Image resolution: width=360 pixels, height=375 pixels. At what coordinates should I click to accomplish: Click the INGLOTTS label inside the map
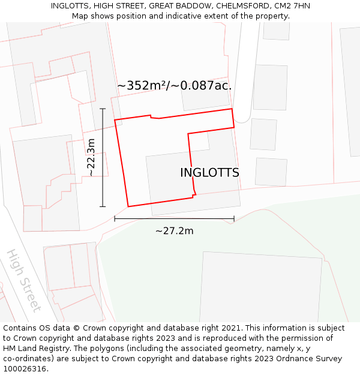209,173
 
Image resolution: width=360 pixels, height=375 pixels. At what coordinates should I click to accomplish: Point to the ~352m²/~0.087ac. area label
174,86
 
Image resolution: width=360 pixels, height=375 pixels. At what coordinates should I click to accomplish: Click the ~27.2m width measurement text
174,231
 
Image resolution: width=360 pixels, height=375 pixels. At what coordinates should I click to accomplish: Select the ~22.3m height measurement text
91,157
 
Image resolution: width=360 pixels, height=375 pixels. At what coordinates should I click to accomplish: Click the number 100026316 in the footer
25,369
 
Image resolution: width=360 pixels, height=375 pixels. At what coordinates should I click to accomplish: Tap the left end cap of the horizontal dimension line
115,219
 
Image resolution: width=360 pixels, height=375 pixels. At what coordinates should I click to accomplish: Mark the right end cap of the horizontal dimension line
234,219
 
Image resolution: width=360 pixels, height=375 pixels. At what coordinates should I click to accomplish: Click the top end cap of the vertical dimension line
103,109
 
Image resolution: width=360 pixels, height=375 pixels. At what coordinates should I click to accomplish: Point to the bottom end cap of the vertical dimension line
103,206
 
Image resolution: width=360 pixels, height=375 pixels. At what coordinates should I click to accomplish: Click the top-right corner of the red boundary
232,109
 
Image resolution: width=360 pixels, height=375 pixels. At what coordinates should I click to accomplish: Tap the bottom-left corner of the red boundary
128,206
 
